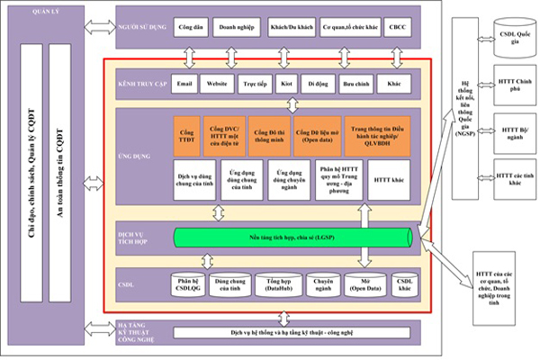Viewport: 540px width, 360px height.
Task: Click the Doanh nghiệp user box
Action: pyautogui.click(x=237, y=28)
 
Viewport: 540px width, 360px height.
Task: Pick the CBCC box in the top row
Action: pyautogui.click(x=398, y=28)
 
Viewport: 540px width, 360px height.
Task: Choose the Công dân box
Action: pyautogui.click(x=191, y=28)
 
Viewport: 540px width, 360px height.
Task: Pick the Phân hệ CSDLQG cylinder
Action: pyautogui.click(x=187, y=285)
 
